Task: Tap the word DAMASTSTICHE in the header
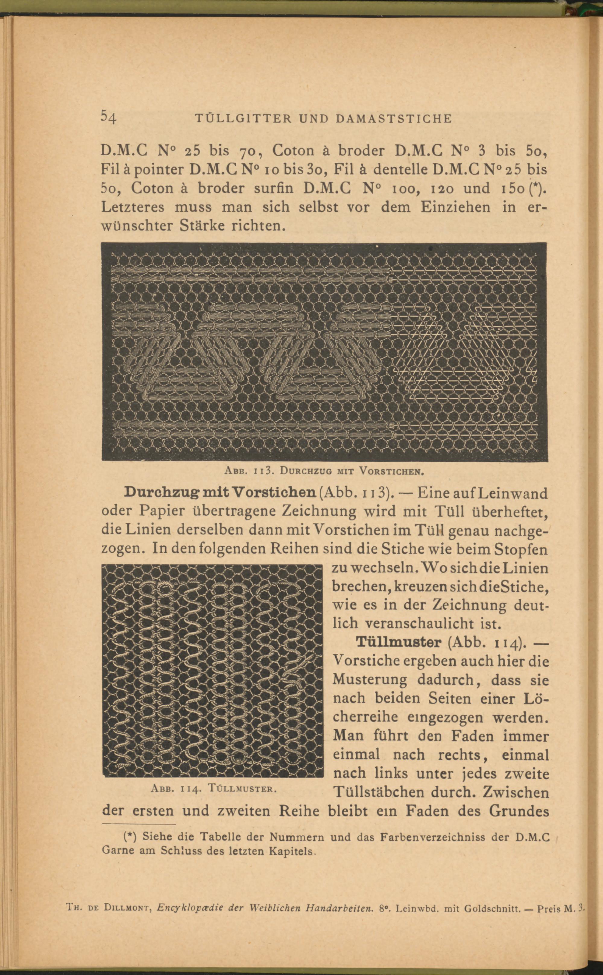click(x=394, y=118)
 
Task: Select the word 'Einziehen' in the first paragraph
click(x=456, y=207)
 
